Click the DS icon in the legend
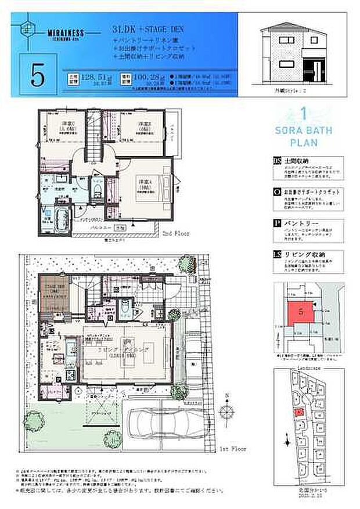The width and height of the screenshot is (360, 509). [x=276, y=161]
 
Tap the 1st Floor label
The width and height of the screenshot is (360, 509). [x=232, y=449]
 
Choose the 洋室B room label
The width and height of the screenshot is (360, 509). [x=145, y=126]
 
